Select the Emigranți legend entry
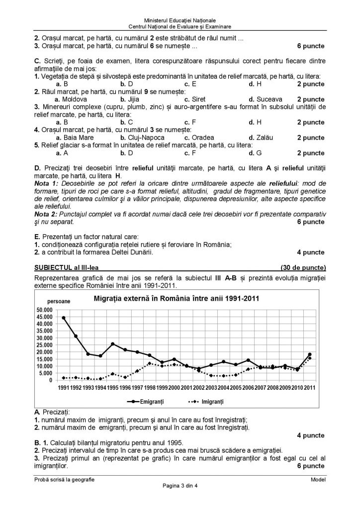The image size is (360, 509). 154,400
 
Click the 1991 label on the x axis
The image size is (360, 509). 64,388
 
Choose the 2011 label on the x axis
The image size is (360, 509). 310,388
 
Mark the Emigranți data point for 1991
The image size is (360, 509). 64,318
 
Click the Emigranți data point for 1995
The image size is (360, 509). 113,343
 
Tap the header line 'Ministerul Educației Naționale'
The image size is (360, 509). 180,18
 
